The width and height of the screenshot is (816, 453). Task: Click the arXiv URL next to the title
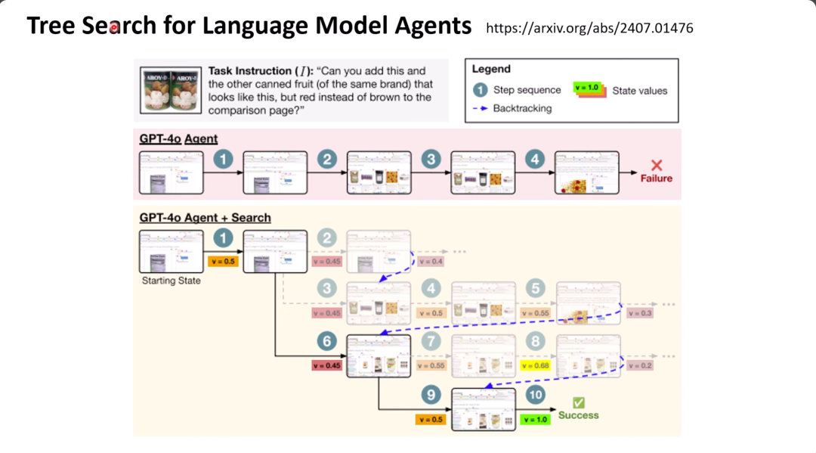point(589,28)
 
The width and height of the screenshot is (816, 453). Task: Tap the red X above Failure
point(657,166)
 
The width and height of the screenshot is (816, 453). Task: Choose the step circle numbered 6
point(327,342)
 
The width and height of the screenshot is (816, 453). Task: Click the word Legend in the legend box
point(491,70)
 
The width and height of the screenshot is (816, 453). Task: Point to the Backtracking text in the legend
point(522,108)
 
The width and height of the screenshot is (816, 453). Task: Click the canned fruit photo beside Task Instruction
point(170,90)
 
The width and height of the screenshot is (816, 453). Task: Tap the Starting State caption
point(171,281)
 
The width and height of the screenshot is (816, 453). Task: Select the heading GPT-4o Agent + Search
point(205,218)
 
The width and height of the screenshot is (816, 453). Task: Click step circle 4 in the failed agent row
point(535,160)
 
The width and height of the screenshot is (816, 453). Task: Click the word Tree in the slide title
point(51,26)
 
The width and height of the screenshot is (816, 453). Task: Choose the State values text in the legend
point(640,90)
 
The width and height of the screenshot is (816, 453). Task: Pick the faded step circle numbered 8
point(536,342)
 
